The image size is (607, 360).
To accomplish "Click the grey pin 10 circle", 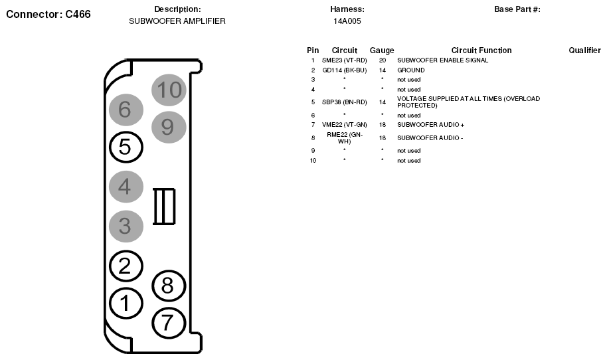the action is point(169,90).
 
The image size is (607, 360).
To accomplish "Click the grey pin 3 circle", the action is point(126,226).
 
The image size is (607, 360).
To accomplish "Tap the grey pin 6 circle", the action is point(126,110).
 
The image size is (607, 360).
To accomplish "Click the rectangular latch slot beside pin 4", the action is point(164,207).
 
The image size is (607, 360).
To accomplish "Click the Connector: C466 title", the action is point(48,15).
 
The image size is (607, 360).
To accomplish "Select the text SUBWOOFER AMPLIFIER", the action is point(177,21).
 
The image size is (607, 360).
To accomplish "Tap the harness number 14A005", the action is point(347,21).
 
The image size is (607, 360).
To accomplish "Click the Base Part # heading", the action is point(517,9).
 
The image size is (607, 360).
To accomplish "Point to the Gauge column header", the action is point(382,50).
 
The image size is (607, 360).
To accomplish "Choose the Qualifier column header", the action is point(584,50).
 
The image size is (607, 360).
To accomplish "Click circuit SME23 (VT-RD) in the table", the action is point(345,60).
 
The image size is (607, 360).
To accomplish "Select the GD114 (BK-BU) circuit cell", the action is point(345,70).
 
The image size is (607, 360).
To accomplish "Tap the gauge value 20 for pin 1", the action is point(383,60).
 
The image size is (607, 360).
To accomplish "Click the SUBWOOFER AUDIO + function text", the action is point(431,125).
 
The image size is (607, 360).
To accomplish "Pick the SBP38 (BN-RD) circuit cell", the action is point(345,102).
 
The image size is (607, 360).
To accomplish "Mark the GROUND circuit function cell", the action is point(410,70).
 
